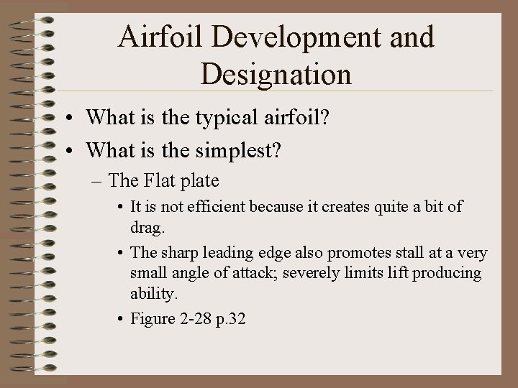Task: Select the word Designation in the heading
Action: (276, 73)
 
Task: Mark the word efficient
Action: (217, 207)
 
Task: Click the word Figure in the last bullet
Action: (152, 319)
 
